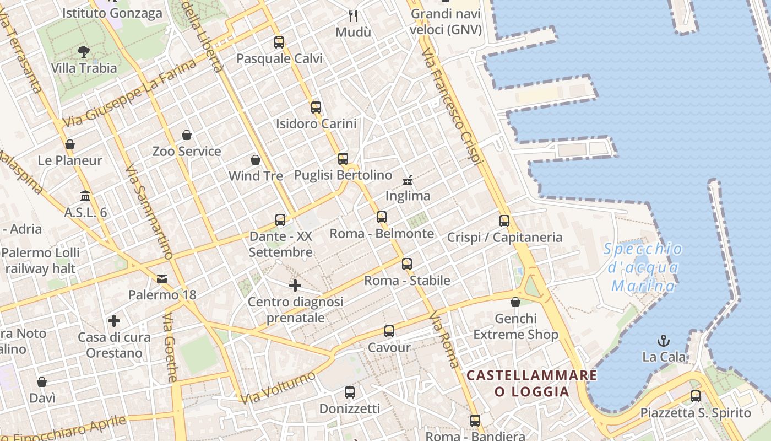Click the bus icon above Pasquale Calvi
pyautogui.click(x=279, y=42)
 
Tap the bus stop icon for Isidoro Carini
pyautogui.click(x=316, y=107)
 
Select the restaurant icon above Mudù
pyautogui.click(x=353, y=15)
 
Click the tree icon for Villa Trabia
pyautogui.click(x=84, y=52)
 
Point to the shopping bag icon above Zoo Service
pyautogui.click(x=187, y=135)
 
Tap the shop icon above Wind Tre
pyautogui.click(x=256, y=160)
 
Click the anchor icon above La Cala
pyautogui.click(x=664, y=341)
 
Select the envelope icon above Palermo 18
pyautogui.click(x=162, y=279)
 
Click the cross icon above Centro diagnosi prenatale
pyautogui.click(x=295, y=286)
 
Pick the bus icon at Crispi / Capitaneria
pyautogui.click(x=504, y=221)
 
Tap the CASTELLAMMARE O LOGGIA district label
pyautogui.click(x=531, y=384)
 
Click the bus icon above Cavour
pyautogui.click(x=389, y=331)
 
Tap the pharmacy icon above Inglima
pyautogui.click(x=408, y=180)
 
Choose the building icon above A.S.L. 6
pyautogui.click(x=85, y=196)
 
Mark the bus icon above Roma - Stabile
pyautogui.click(x=407, y=264)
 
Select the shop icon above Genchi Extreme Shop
pyautogui.click(x=515, y=302)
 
